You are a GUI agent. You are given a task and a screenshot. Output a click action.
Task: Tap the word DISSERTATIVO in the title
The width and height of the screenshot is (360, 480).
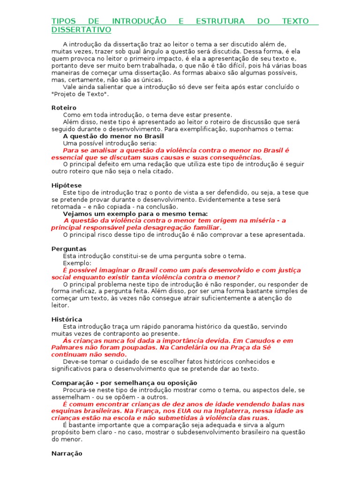81,30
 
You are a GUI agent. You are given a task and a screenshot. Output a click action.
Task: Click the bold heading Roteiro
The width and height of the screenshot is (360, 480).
64,108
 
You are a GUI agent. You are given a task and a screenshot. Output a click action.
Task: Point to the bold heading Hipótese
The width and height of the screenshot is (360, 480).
66,186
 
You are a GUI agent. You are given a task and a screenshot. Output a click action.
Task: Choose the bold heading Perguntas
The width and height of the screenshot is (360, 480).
68,249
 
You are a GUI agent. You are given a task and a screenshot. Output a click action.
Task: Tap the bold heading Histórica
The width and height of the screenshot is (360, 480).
67,320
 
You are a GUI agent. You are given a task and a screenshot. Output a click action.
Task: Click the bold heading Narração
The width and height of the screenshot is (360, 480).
67,454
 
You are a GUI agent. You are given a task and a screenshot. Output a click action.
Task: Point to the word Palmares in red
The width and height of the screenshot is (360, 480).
66,348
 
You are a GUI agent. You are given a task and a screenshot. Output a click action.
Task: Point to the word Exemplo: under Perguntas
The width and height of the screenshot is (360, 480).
77,263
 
